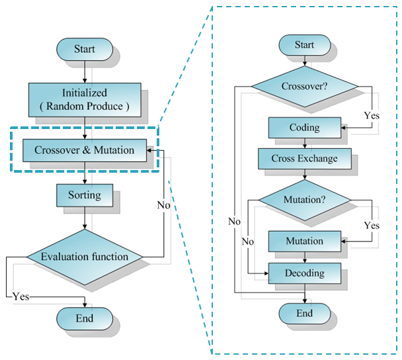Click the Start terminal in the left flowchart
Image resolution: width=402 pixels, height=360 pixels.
tap(85, 49)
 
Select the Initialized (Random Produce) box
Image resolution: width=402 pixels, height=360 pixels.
tap(85, 100)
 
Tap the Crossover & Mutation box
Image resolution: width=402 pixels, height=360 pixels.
tap(85, 150)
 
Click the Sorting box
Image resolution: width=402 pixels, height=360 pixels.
tap(85, 195)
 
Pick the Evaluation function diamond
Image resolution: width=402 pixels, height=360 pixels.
tap(85, 257)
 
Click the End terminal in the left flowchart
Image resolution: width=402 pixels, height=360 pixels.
tap(85, 318)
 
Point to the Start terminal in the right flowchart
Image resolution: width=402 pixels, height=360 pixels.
tap(305, 45)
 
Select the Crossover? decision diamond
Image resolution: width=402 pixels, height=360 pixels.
tap(305, 87)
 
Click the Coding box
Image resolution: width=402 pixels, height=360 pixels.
tap(305, 128)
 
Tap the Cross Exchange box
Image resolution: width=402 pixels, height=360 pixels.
tap(305, 159)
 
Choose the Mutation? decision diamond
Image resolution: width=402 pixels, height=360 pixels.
tap(305, 200)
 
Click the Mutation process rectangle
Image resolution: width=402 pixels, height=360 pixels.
tap(305, 241)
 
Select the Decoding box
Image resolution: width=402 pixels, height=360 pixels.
tap(305, 273)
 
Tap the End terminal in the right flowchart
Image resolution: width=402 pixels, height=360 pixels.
tap(305, 314)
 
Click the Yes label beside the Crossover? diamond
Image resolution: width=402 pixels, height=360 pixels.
tap(372, 116)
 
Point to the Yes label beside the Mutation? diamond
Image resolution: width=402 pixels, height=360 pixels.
tap(372, 226)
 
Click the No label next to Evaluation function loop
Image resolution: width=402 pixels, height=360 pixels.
tap(164, 205)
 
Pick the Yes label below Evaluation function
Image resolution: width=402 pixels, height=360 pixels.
tap(21, 296)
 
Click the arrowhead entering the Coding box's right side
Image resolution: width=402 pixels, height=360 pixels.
tap(344, 128)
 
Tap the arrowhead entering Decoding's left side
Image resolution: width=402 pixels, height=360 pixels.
tap(266, 273)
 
